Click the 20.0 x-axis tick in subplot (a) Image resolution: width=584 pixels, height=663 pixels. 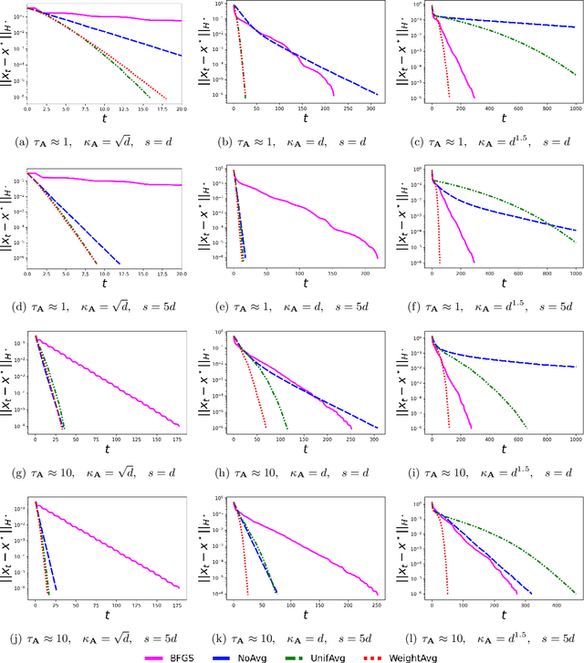click(182, 109)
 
